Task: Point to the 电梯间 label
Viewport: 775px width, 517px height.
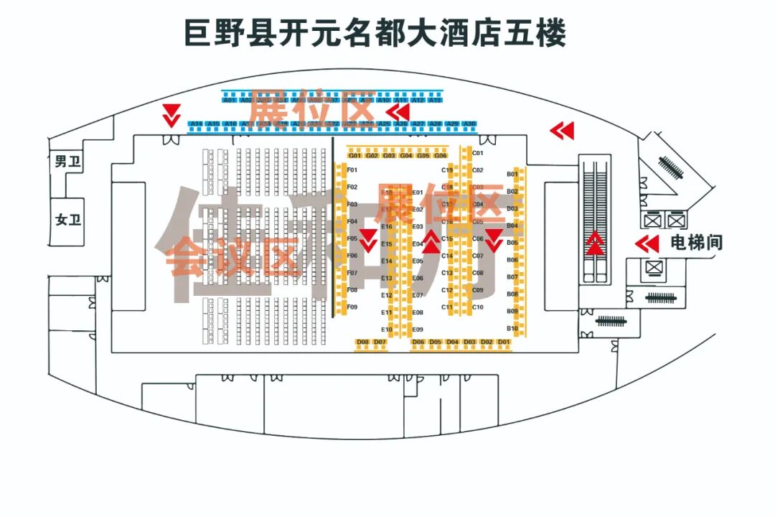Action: pos(696,243)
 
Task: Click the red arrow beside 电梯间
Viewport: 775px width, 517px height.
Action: pos(647,244)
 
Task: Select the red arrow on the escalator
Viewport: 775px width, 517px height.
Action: pos(595,244)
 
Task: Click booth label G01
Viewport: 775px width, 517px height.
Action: pos(354,156)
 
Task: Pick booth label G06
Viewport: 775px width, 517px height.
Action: pos(441,156)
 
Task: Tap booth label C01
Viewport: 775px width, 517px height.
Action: pos(478,153)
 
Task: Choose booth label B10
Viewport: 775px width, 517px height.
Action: pos(512,329)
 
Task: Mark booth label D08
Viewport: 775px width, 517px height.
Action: pos(363,342)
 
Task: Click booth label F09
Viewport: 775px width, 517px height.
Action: pos(352,307)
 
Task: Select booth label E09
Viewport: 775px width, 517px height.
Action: pos(418,330)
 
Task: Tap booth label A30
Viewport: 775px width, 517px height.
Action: pos(469,124)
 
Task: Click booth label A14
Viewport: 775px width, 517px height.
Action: pos(196,124)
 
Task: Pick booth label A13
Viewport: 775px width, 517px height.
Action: pos(435,101)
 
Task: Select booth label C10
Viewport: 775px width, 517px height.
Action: pos(478,307)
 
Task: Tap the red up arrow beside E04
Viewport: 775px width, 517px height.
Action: pos(431,242)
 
